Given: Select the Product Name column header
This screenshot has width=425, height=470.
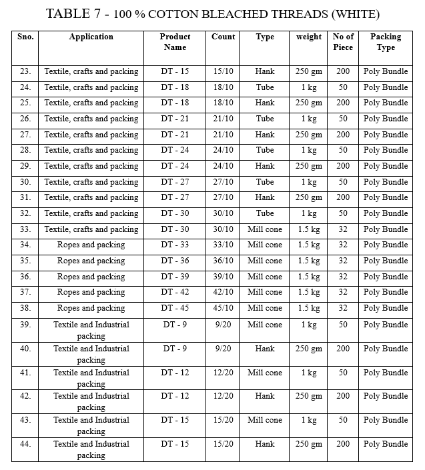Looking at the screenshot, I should (x=175, y=42).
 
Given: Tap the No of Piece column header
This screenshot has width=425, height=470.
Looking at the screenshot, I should (x=343, y=42).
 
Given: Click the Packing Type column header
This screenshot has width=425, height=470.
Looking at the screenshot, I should (x=385, y=42).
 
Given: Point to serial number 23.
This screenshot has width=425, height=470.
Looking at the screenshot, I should (x=25, y=71).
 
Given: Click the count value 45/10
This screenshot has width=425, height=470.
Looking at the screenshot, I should (x=223, y=308).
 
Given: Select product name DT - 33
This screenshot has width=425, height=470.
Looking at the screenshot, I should (x=175, y=245).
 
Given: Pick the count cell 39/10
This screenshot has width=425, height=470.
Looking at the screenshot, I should (x=223, y=277).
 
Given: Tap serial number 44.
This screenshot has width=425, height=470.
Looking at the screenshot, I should (x=25, y=444).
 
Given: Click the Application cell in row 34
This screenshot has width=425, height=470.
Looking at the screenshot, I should (x=91, y=245).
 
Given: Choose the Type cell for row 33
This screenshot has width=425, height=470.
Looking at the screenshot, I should (x=265, y=229).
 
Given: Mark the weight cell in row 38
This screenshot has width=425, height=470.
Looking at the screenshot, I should (x=308, y=308).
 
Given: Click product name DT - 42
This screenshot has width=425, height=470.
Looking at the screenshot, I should (x=175, y=292).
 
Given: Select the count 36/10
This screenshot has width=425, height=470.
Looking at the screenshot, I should (x=223, y=261).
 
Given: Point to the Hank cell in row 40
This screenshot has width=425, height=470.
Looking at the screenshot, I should (x=265, y=349).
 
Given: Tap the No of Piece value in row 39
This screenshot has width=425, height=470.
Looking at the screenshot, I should (x=343, y=325).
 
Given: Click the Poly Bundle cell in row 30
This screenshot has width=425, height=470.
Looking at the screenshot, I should (x=385, y=182).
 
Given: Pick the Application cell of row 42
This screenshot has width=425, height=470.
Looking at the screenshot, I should (x=91, y=401).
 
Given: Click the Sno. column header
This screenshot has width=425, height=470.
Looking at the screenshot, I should (x=25, y=37).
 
